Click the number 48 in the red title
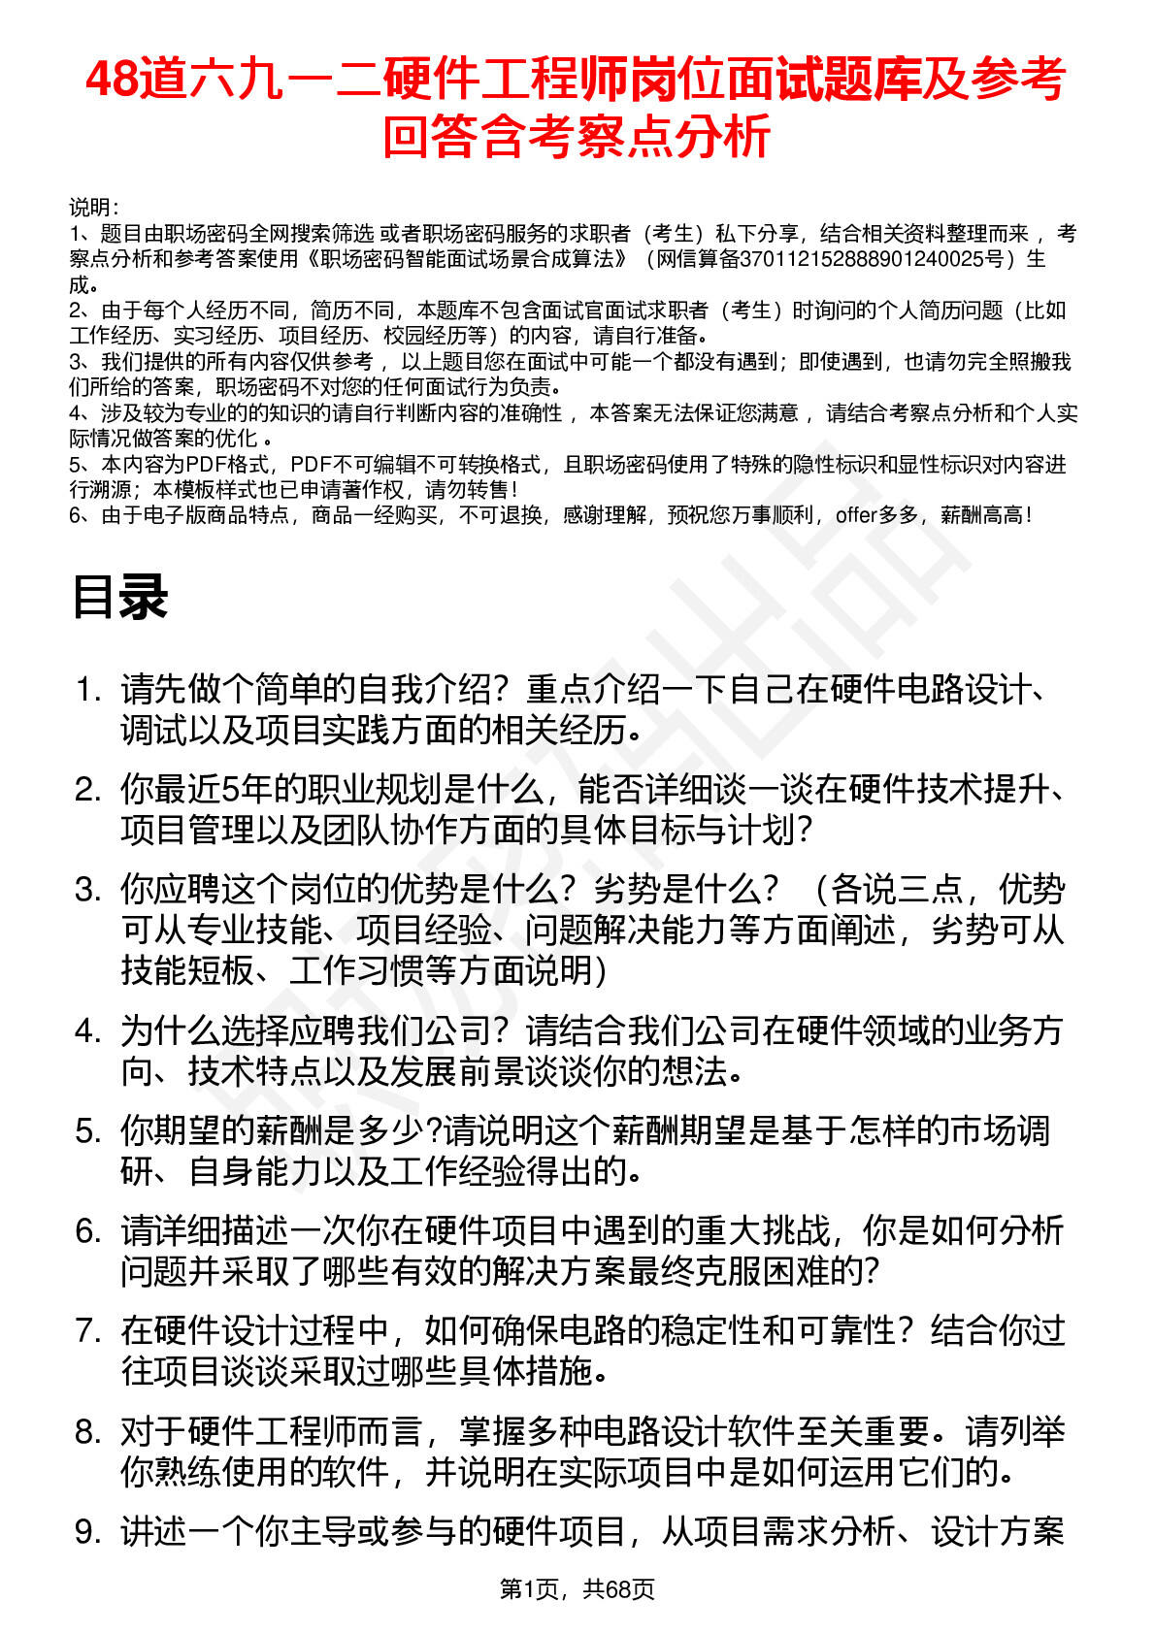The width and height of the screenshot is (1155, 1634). [x=112, y=80]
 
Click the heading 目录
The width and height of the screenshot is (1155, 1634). [x=119, y=597]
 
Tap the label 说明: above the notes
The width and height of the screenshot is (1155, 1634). [x=93, y=208]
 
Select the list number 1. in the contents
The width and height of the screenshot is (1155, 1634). [x=88, y=690]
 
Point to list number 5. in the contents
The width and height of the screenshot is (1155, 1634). [x=88, y=1131]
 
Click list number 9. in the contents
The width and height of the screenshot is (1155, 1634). [x=88, y=1532]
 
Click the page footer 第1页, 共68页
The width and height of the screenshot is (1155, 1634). [x=577, y=1588]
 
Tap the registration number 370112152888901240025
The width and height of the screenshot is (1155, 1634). [x=872, y=259]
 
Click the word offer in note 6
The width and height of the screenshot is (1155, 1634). [x=856, y=515]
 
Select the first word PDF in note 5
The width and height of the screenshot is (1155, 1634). [x=204, y=465]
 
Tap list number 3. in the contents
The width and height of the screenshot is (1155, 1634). [x=88, y=890]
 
